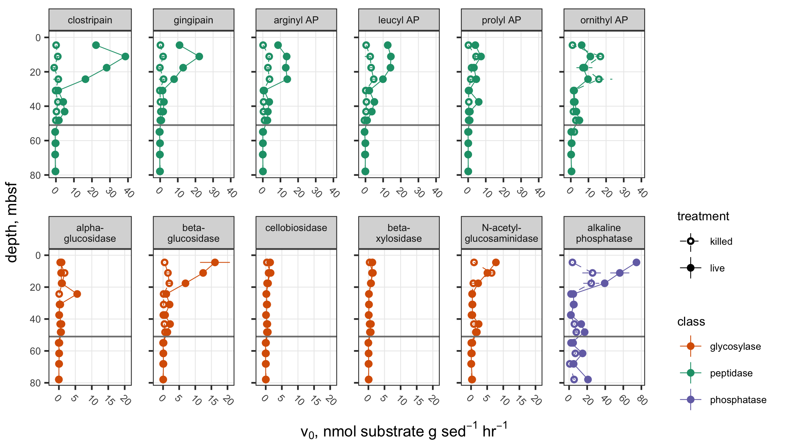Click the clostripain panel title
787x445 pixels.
pos(90,20)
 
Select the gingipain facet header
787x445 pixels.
pos(193,20)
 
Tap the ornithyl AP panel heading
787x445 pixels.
pos(604,20)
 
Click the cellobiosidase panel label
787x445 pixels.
pos(296,228)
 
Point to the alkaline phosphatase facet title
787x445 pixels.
pos(604,233)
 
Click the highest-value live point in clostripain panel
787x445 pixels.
pos(125,56)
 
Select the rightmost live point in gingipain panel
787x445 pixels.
pos(199,56)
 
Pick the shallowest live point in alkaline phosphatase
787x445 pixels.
pos(636,262)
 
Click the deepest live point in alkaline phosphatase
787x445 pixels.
pos(588,379)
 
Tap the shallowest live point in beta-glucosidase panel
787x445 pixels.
pos(215,262)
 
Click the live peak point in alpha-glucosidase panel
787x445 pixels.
pos(77,294)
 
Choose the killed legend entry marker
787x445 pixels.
pos(690,241)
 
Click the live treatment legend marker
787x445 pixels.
pos(690,268)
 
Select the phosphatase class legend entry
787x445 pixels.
pos(690,400)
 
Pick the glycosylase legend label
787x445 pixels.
pos(735,347)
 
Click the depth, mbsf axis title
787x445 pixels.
pos(12,222)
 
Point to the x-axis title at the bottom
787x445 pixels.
pos(404,431)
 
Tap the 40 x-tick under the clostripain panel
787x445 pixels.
pos(129,193)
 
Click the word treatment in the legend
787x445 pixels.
pos(703,216)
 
